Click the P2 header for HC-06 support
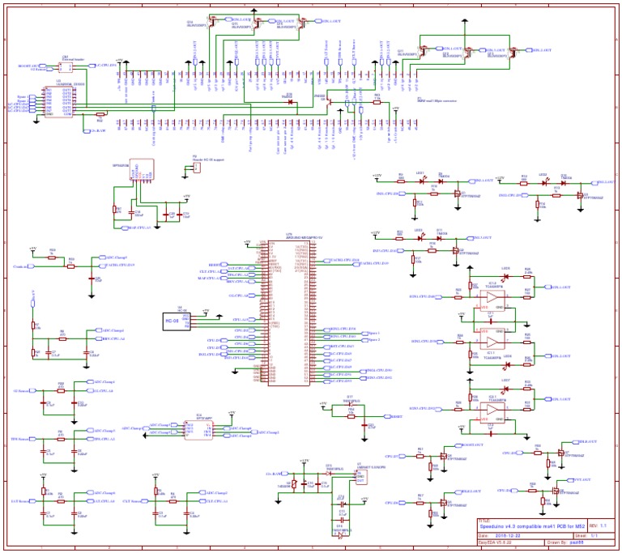point(195,166)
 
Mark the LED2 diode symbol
point(420,181)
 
